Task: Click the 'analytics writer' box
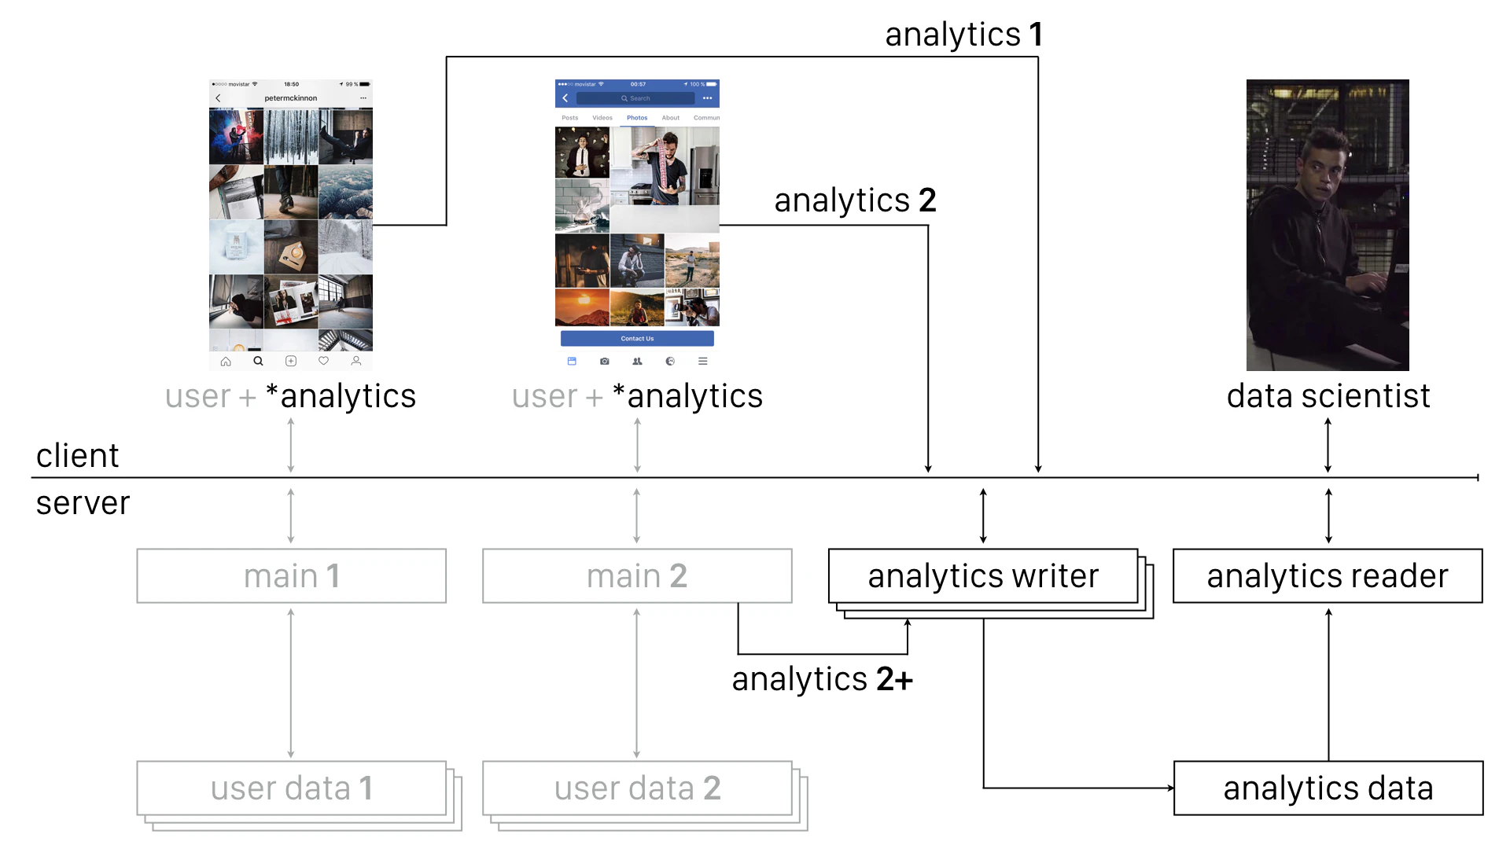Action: (x=983, y=576)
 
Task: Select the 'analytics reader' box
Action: (x=1328, y=576)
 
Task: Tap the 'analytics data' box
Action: (x=1328, y=788)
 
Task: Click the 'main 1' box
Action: (x=291, y=576)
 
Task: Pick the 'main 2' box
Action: (x=637, y=576)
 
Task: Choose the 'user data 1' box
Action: (x=291, y=788)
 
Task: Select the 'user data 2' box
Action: (x=637, y=788)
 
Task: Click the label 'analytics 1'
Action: (x=963, y=35)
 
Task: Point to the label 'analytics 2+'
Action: (x=822, y=679)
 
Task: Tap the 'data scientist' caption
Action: (x=1328, y=396)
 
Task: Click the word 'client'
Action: (x=77, y=456)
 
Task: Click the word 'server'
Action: (x=83, y=503)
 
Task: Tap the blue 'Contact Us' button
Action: (x=637, y=339)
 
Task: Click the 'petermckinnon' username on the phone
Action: (x=290, y=98)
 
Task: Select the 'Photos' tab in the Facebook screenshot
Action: (x=637, y=118)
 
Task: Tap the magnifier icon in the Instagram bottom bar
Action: (x=258, y=362)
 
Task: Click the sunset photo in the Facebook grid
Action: (x=582, y=307)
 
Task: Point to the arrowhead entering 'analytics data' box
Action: (x=1170, y=788)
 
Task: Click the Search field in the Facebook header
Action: (x=635, y=98)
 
